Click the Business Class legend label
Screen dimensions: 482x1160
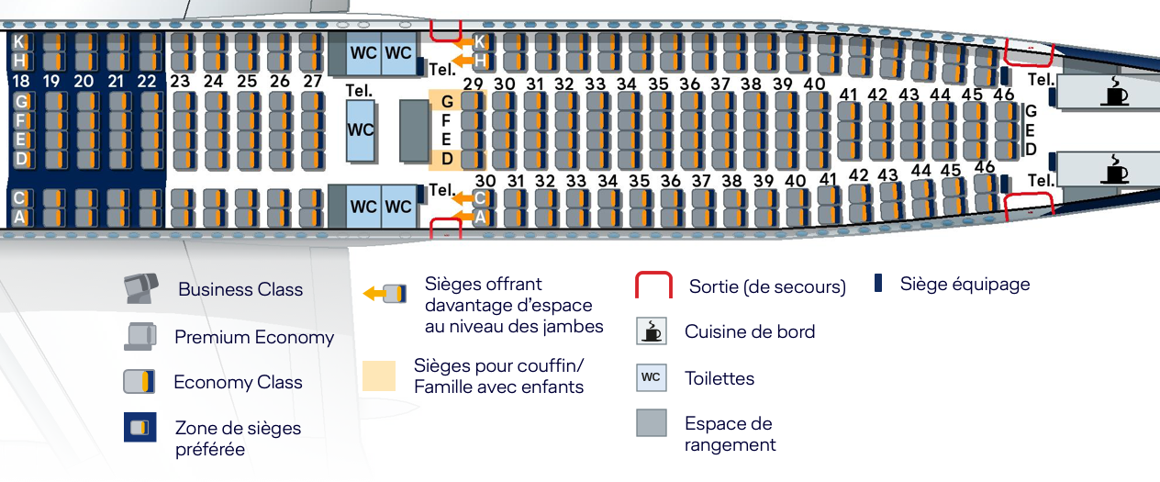[240, 289]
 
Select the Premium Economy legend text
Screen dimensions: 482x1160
[254, 337]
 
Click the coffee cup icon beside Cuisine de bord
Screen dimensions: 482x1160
[651, 331]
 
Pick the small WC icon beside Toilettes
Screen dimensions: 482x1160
[651, 377]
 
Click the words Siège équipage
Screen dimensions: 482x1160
[965, 284]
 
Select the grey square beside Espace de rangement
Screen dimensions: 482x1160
[651, 422]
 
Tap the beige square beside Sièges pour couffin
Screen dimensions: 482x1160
[379, 376]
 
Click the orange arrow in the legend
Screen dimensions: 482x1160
[374, 294]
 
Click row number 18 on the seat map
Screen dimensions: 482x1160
[20, 82]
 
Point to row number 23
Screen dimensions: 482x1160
[180, 81]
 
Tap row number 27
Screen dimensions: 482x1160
[313, 81]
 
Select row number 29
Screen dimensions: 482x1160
[473, 84]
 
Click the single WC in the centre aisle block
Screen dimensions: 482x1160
[361, 129]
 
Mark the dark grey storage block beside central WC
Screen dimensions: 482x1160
[414, 130]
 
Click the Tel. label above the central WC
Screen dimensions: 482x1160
[359, 91]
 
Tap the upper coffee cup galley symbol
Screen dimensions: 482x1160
[1116, 93]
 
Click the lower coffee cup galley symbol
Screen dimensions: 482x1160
[1116, 170]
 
